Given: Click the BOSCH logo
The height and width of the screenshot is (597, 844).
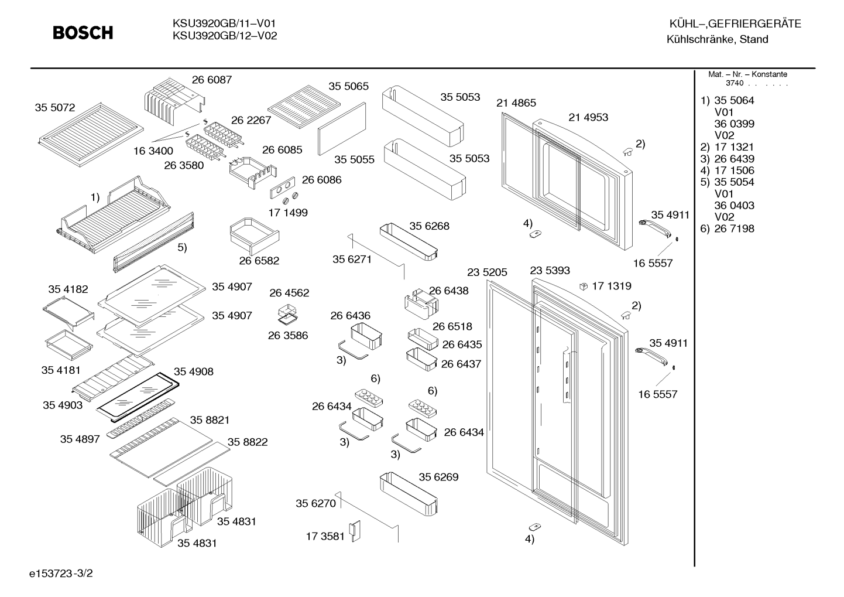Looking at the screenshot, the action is [83, 33].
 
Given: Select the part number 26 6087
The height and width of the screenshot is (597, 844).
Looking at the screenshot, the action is [212, 80].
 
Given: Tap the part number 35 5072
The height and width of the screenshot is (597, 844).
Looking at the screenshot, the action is [55, 107].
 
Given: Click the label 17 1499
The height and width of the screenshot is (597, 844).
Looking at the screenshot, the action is [288, 213].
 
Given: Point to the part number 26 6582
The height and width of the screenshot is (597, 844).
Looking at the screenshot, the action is [259, 261].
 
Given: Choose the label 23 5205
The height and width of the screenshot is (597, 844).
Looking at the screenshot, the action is [487, 272].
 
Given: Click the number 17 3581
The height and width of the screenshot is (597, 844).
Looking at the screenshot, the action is [325, 536].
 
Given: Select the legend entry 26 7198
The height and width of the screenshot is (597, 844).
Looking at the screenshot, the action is [735, 228].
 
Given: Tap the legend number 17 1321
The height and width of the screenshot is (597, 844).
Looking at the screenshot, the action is [735, 147].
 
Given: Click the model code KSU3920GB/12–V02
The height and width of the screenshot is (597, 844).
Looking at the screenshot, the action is [225, 36].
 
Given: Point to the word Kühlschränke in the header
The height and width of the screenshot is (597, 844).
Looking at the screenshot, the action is [701, 39].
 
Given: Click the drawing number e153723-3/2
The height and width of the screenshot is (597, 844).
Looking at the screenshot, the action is [61, 574].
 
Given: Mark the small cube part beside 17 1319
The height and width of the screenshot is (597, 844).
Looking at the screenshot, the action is [584, 286].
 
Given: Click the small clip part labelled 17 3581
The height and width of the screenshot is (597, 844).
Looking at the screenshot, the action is [355, 531].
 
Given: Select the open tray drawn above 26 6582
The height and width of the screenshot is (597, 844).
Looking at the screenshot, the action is [255, 236].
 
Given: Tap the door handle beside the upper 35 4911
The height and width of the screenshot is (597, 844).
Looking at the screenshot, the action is [655, 228].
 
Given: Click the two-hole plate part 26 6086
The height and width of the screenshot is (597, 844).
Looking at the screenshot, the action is [282, 187].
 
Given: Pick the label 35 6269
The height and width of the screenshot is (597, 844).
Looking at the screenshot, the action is [438, 477].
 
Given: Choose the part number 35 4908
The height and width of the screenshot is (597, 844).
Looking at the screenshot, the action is [193, 371].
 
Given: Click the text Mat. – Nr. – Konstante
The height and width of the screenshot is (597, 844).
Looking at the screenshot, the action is [747, 74].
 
